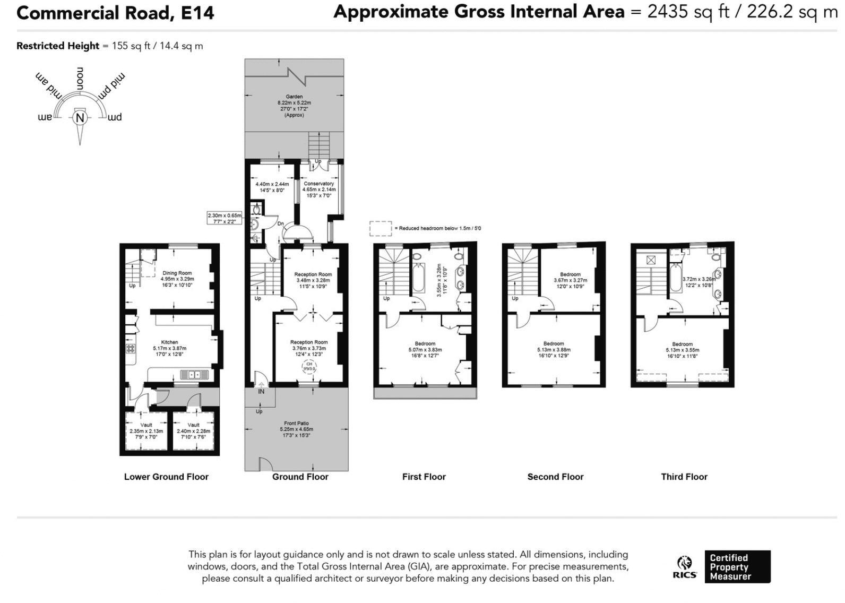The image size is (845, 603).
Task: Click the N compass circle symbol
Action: [x=80, y=118]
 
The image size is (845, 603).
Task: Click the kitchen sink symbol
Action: [x=194, y=375]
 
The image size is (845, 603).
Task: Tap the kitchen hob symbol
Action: [x=131, y=349]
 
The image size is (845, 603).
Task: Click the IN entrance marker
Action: [x=261, y=392]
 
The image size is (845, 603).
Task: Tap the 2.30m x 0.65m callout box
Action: [x=225, y=218]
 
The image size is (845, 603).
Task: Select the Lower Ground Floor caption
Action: [x=166, y=477]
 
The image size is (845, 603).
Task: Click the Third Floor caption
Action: [x=684, y=477]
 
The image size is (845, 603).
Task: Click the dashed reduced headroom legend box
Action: [x=381, y=228]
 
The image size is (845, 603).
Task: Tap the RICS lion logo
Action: [x=685, y=563]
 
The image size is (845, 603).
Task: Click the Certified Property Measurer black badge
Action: [x=737, y=566]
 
